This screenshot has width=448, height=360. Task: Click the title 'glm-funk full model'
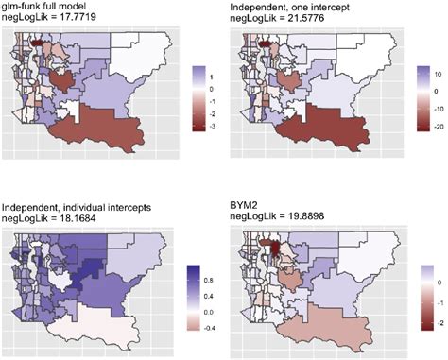point(48,6)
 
